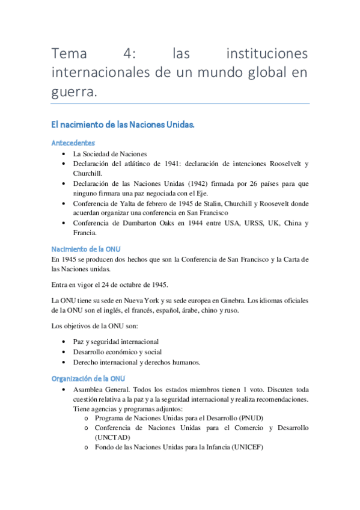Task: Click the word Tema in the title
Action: pos(70,54)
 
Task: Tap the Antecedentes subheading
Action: pos(73,143)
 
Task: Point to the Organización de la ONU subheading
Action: pos(88,378)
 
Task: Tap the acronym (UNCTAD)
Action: pos(112,437)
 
